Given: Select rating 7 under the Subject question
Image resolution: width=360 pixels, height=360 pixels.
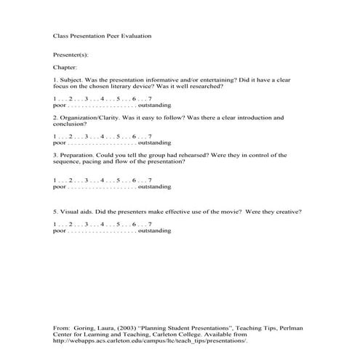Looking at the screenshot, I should (149, 97).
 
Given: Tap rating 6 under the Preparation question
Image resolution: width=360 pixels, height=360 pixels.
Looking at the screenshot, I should (134, 180).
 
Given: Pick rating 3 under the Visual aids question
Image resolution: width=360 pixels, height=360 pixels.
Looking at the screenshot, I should (87, 225).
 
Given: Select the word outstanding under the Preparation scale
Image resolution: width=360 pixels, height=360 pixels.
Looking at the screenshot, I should (155, 185).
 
